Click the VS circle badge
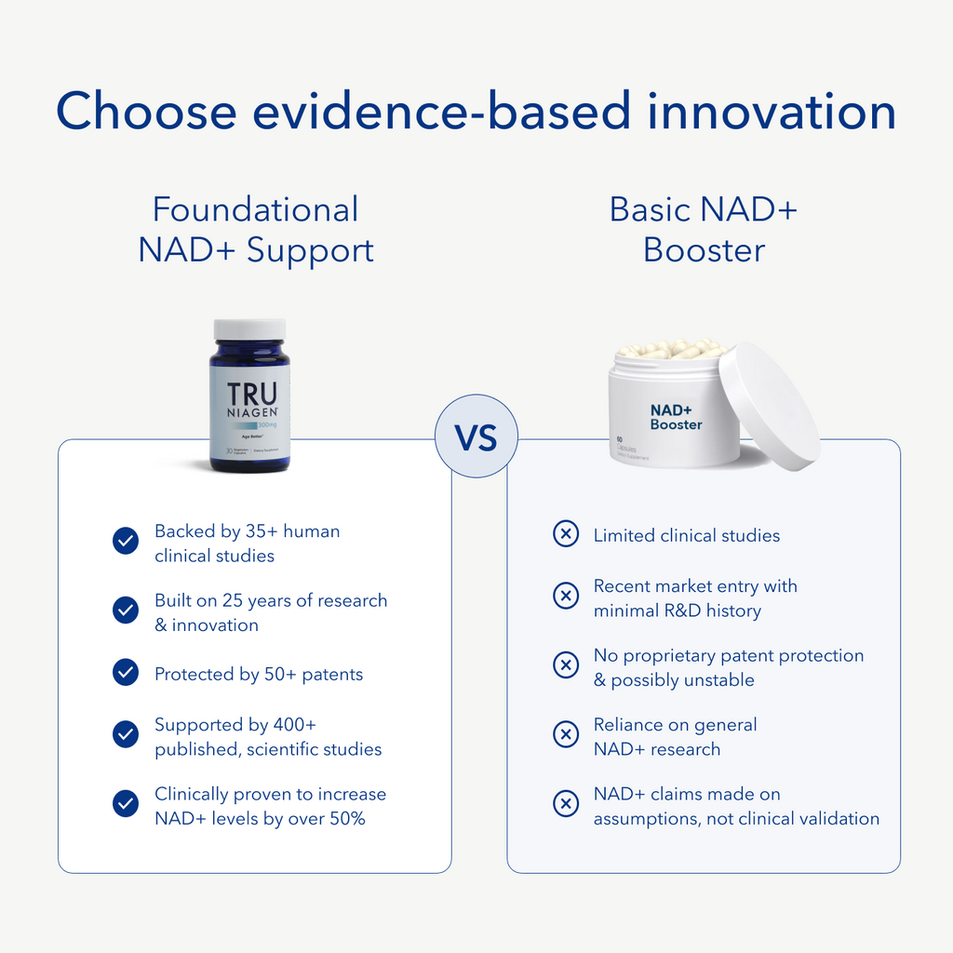476,436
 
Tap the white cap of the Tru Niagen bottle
249,329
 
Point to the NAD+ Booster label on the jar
677,416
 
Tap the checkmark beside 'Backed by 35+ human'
126,542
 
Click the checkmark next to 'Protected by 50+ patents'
126,673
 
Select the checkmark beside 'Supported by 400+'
126,735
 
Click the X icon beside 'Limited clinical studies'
566,534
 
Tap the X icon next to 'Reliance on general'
566,735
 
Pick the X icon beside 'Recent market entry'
566,597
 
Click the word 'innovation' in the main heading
772,112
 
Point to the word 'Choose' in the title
147,112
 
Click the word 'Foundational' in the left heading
255,209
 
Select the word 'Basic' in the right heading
651,209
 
